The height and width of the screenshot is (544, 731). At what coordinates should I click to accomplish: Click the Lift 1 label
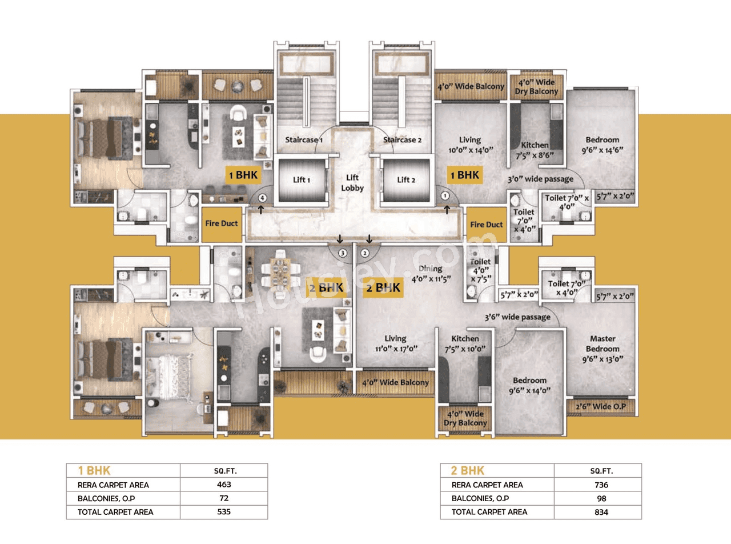(301, 180)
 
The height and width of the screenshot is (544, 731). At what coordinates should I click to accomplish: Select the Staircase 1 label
(304, 139)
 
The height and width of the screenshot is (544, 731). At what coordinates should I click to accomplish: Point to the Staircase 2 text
(402, 139)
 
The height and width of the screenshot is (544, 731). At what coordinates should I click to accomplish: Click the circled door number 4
(262, 198)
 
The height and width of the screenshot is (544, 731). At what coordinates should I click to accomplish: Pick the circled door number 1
(445, 196)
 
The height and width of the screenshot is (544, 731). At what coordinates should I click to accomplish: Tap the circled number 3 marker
(342, 252)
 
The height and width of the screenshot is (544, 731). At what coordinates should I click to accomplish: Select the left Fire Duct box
(221, 223)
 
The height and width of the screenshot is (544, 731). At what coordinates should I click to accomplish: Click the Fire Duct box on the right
(487, 225)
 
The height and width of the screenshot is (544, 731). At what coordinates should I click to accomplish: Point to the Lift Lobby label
(353, 183)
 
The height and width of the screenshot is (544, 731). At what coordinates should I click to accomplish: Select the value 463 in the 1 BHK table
(223, 485)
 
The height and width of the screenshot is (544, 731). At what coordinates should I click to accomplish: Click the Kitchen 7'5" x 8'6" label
(535, 150)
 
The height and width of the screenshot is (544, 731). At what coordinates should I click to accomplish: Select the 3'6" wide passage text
(517, 317)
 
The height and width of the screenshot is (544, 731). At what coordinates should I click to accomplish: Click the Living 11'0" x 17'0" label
(395, 343)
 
